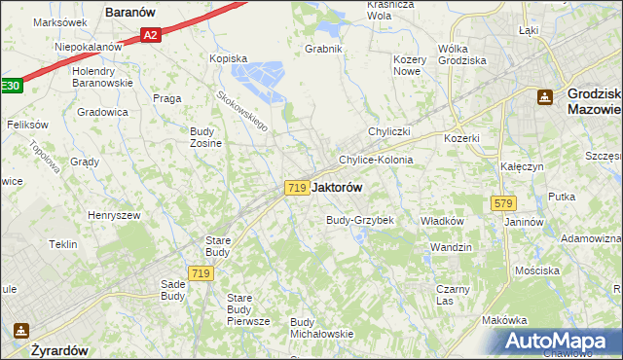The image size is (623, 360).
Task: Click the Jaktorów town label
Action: [x=341, y=187]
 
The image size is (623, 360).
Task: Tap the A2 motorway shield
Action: [x=149, y=35]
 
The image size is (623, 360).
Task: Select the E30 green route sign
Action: [x=9, y=86]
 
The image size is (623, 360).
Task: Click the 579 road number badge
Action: [x=503, y=203]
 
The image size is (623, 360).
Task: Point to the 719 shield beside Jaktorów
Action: [x=298, y=187]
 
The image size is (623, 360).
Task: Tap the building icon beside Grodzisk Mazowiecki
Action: [x=544, y=95]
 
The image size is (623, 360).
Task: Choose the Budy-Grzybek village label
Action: [x=359, y=220]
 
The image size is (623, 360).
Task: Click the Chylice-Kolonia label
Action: [x=376, y=160]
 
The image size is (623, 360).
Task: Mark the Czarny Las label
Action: [x=453, y=295]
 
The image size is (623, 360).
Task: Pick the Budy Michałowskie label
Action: [x=321, y=328]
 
